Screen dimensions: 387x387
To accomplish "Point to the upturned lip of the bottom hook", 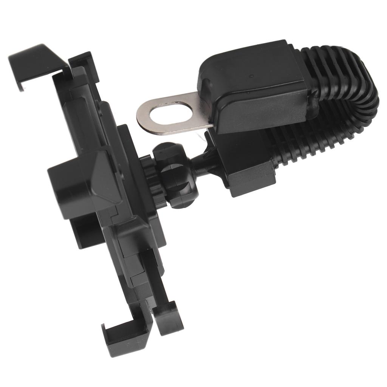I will pos(108,333).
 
